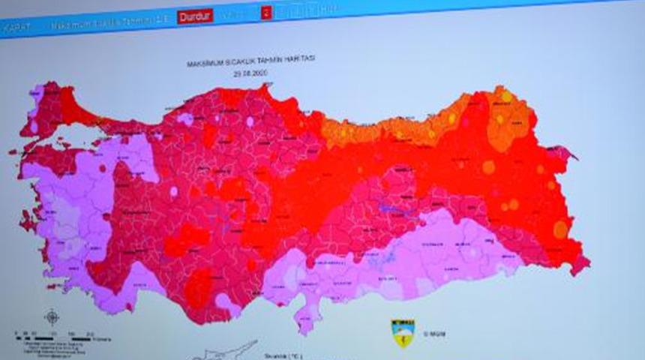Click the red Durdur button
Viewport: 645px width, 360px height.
coord(195,16)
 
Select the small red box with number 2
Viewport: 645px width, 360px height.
coord(265,13)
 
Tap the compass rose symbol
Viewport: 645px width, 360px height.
coord(52,317)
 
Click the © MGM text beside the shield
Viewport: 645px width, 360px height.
coord(434,333)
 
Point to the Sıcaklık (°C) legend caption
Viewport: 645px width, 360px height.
coord(281,355)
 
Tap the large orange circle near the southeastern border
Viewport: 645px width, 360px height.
coord(560,229)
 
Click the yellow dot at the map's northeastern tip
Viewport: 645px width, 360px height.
coord(506,97)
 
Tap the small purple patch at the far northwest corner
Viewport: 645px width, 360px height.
coord(35,94)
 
